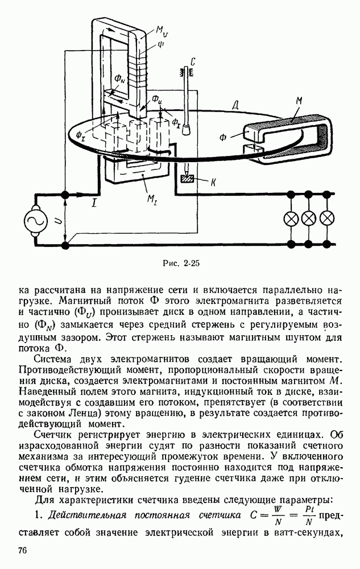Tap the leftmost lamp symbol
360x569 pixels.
coord(291,218)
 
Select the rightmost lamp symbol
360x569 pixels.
coord(327,218)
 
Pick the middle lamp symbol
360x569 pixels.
coord(309,218)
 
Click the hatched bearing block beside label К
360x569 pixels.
coord(187,179)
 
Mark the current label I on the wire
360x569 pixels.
coord(95,202)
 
